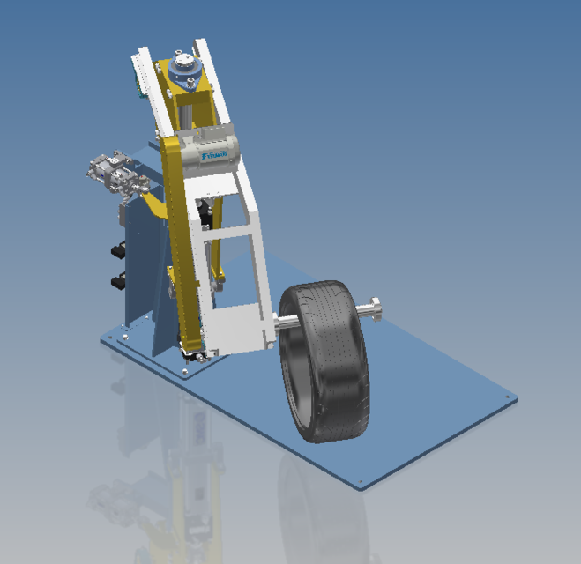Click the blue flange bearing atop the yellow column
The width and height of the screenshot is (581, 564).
tap(183, 68)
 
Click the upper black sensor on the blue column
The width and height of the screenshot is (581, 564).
tap(116, 252)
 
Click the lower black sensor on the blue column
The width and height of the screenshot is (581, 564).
tap(116, 281)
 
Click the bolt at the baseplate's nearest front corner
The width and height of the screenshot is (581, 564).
tap(362, 481)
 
